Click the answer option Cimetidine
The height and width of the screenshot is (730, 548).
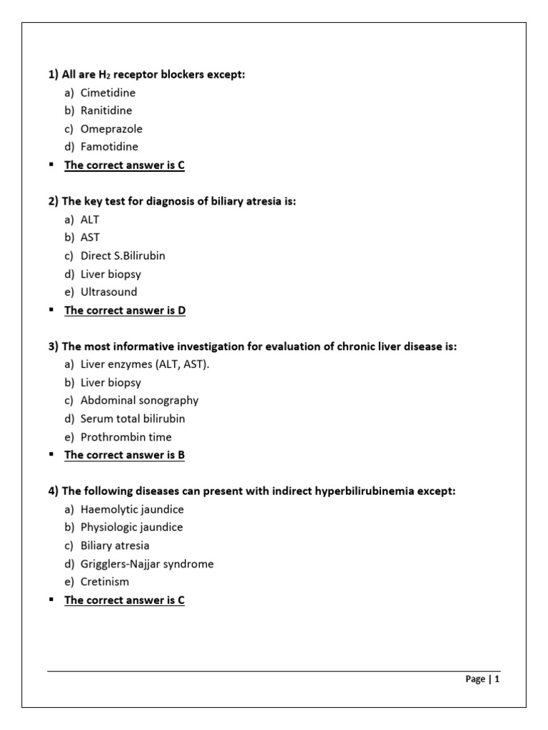[x=108, y=93]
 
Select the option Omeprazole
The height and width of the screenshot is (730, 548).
[x=111, y=129]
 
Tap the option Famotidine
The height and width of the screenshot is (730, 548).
[x=109, y=147]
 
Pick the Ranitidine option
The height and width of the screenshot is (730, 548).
[x=106, y=110]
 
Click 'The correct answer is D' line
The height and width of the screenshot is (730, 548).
[x=125, y=310]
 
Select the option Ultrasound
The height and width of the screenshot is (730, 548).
[x=108, y=292]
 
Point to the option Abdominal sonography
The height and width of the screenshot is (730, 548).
[x=139, y=401]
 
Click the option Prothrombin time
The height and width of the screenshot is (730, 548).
[x=126, y=437]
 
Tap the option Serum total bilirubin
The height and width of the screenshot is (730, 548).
[x=133, y=418]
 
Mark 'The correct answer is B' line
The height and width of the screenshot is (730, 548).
[x=125, y=455]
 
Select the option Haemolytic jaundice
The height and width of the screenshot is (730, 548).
[x=132, y=510]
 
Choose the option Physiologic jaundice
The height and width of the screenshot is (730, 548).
[x=131, y=528]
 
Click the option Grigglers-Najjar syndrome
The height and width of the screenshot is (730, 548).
[x=147, y=564]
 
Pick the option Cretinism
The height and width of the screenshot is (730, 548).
[x=104, y=582]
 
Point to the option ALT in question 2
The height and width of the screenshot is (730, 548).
[x=90, y=220]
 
